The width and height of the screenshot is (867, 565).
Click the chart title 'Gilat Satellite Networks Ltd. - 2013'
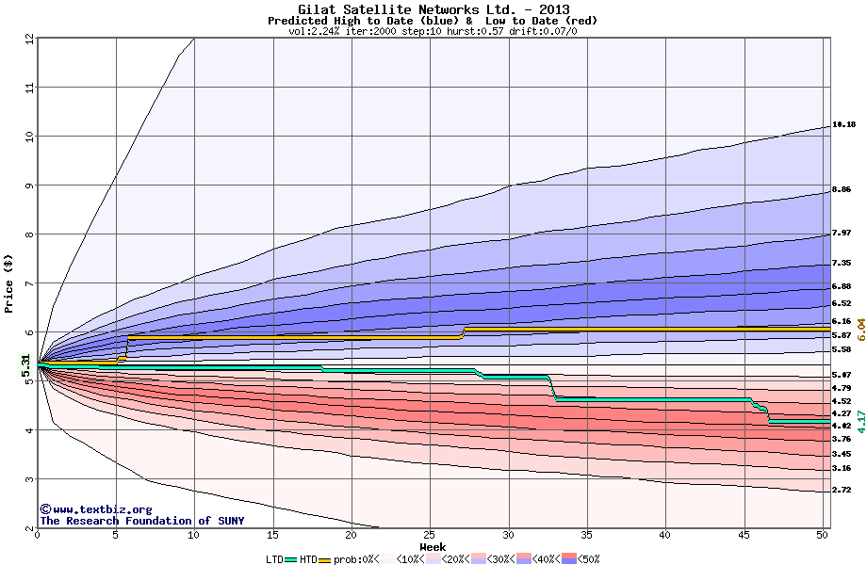(x=433, y=9)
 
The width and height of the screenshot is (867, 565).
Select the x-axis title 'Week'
(x=433, y=546)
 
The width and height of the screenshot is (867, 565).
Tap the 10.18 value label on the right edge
(x=843, y=124)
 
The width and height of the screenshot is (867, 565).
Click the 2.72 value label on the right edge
(x=842, y=490)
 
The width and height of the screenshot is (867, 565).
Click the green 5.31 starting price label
(x=27, y=364)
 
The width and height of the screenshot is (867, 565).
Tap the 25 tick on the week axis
(x=430, y=535)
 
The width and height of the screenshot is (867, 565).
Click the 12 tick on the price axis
(x=29, y=39)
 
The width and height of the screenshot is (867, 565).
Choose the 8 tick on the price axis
(x=29, y=234)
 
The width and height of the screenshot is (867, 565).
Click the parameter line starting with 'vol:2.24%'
(x=433, y=31)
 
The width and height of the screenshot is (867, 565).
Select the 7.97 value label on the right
(x=842, y=233)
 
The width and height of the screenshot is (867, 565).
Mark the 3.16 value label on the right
(x=842, y=468)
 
